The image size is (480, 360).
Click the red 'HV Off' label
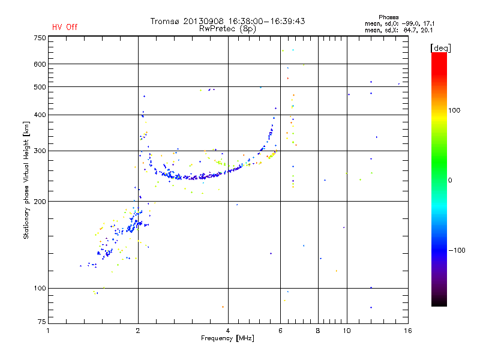(64, 27)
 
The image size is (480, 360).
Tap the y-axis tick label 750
(40, 38)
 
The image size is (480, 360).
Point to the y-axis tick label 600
(40, 64)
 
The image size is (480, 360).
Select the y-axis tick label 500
(40, 87)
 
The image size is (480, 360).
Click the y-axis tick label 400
(40, 115)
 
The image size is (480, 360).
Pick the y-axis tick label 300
(40, 151)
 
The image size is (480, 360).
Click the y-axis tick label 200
(40, 202)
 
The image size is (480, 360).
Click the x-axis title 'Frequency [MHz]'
(227, 339)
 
